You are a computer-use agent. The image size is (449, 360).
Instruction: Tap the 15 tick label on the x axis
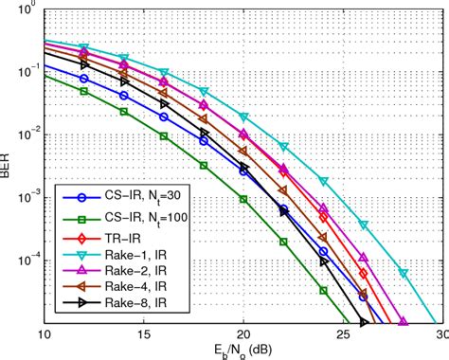tap(143, 334)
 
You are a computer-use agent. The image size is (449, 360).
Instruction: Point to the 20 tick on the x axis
tap(243, 334)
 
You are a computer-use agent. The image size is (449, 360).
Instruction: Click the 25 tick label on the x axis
tap(343, 334)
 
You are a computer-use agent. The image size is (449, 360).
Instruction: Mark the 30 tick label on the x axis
tap(440, 334)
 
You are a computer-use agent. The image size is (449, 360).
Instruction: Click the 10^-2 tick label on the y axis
tap(25, 135)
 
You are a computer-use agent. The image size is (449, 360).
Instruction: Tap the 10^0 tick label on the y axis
tap(27, 10)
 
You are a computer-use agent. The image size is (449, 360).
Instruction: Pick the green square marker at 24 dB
tap(323, 290)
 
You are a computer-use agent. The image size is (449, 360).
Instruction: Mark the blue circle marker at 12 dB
tap(84, 79)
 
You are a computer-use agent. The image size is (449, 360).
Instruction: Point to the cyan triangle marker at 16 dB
tap(164, 73)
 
